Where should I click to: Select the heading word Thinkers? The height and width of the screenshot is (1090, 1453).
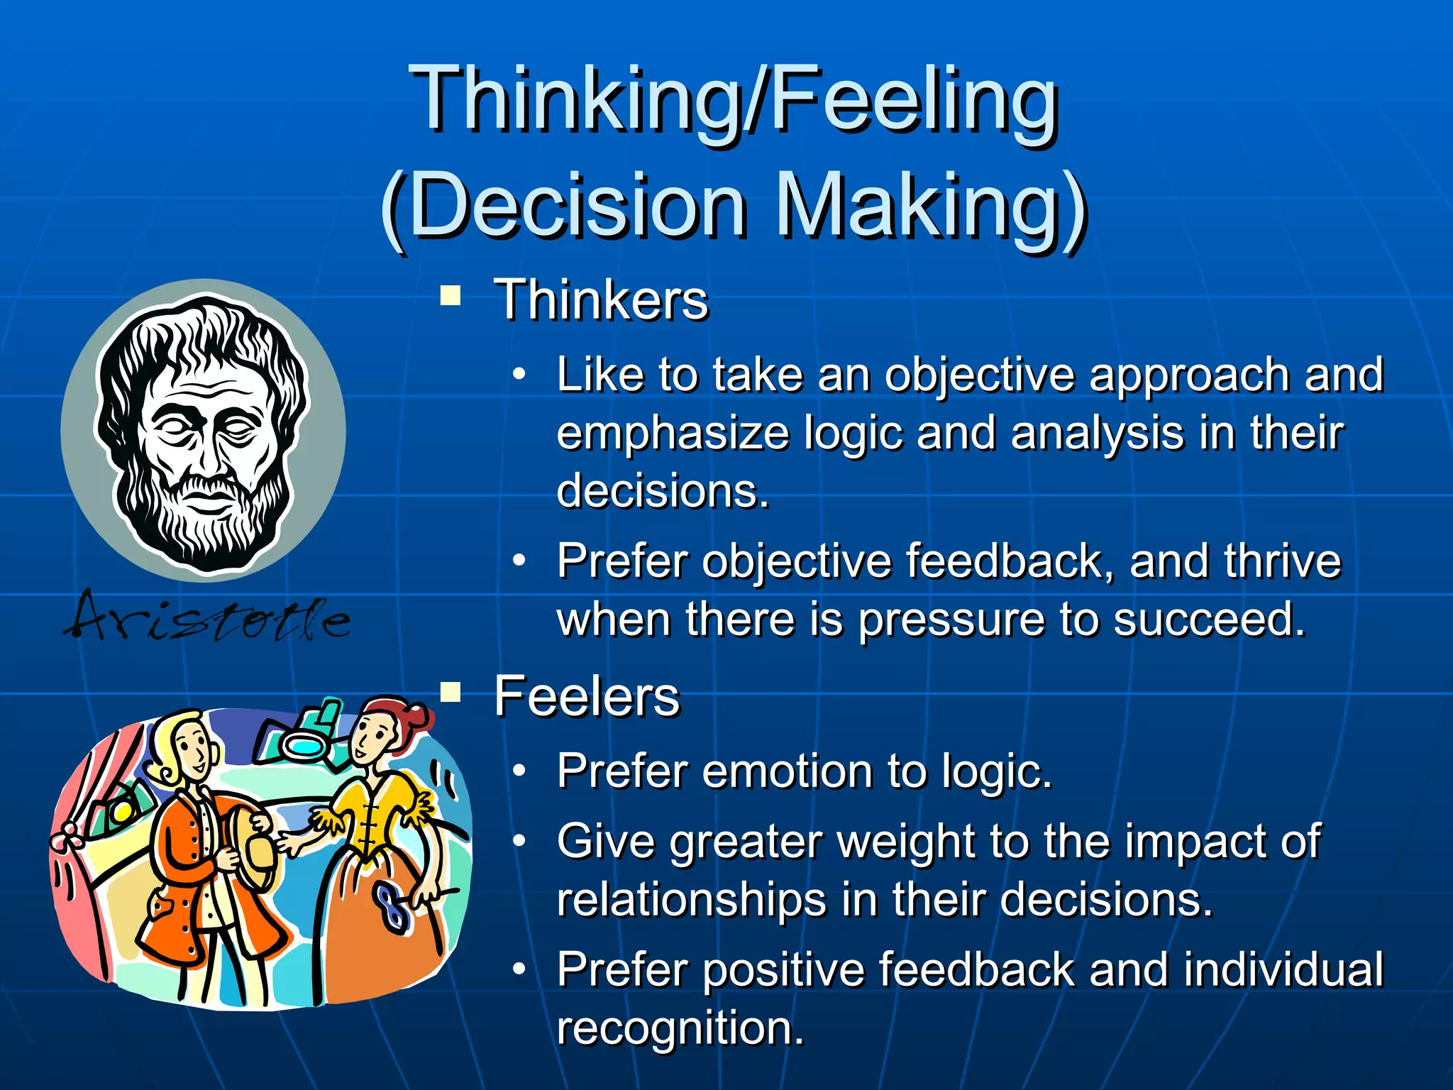[x=601, y=300]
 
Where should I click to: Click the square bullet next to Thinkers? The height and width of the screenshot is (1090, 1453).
[x=451, y=294]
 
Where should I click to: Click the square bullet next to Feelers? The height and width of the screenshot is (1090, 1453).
[x=451, y=690]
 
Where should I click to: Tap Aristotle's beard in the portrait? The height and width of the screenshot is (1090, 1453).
[x=206, y=525]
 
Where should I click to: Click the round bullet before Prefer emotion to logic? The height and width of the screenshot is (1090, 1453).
[x=519, y=770]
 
